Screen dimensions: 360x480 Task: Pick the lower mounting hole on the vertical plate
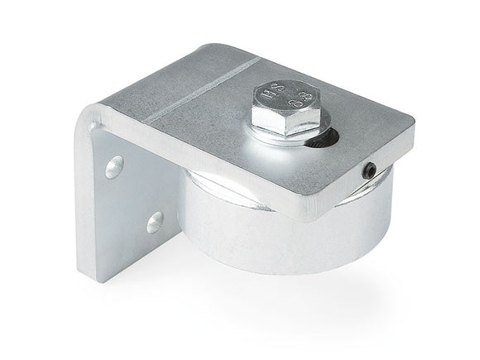click(153, 221)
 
